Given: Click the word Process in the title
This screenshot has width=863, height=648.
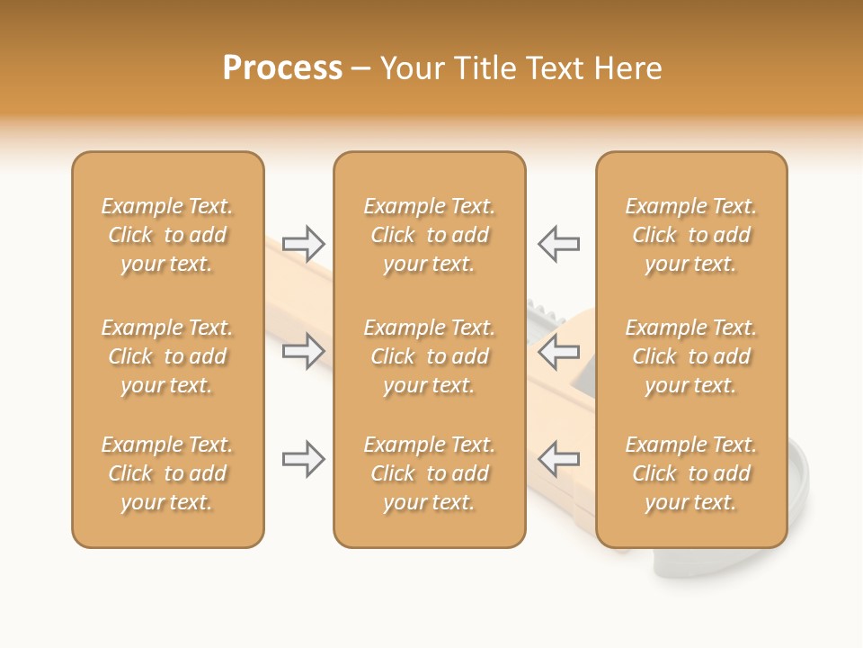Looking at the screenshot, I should pos(282,68).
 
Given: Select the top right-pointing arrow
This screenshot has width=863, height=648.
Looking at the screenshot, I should pos(304,243).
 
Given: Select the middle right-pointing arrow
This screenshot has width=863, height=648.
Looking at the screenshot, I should pos(304,351).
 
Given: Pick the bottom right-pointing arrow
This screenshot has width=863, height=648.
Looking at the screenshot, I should pos(304,459).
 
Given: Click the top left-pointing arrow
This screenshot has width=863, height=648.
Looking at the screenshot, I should pos(559,243).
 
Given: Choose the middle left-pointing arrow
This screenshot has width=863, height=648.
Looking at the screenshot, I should pos(559,351).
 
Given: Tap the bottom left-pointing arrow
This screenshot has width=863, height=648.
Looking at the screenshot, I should pos(559,459).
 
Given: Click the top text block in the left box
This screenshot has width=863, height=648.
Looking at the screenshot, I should pos(167,235).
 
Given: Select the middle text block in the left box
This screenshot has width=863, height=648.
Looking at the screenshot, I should pos(167,356).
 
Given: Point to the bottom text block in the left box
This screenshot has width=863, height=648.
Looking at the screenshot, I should pos(167,473).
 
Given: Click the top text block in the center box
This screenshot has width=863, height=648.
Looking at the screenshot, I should pos(429,235).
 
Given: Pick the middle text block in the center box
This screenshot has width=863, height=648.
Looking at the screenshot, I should pos(429,356).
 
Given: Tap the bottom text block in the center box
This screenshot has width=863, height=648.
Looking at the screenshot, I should pos(429,473).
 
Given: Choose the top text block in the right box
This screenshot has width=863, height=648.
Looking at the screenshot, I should pos(690,235).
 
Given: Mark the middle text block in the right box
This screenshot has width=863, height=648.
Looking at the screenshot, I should pos(690,356).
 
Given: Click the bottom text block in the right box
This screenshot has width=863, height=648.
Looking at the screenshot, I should pos(690,473).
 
